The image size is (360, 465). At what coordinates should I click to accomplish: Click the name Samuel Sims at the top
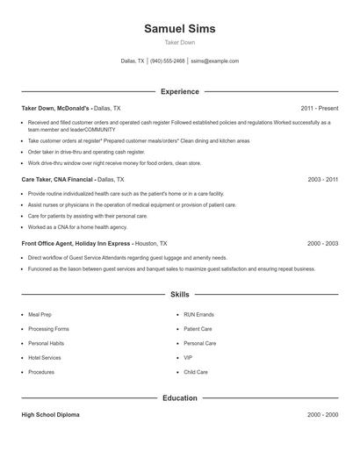click(x=179, y=28)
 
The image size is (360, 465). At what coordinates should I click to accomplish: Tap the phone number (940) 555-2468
click(x=167, y=61)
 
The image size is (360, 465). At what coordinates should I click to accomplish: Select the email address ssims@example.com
click(x=214, y=61)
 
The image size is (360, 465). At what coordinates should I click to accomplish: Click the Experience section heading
click(x=179, y=91)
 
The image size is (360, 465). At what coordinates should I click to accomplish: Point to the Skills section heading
click(x=179, y=295)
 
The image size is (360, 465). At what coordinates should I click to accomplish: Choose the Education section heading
click(x=179, y=398)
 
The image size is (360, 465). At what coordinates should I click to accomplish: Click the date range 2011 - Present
click(x=319, y=108)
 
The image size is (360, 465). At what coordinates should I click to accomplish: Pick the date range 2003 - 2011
click(x=322, y=179)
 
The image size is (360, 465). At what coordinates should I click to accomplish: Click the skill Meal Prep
click(x=41, y=315)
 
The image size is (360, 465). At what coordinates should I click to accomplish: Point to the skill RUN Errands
click(x=199, y=315)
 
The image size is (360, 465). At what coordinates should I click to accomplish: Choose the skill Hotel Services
click(x=45, y=358)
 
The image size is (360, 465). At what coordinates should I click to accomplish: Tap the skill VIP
click(x=188, y=358)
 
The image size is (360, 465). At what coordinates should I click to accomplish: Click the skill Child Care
click(x=196, y=372)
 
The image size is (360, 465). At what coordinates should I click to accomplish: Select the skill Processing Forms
click(x=48, y=329)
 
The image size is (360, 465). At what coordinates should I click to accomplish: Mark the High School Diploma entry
click(x=50, y=415)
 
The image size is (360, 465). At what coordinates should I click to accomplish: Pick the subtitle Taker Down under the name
click(x=179, y=42)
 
